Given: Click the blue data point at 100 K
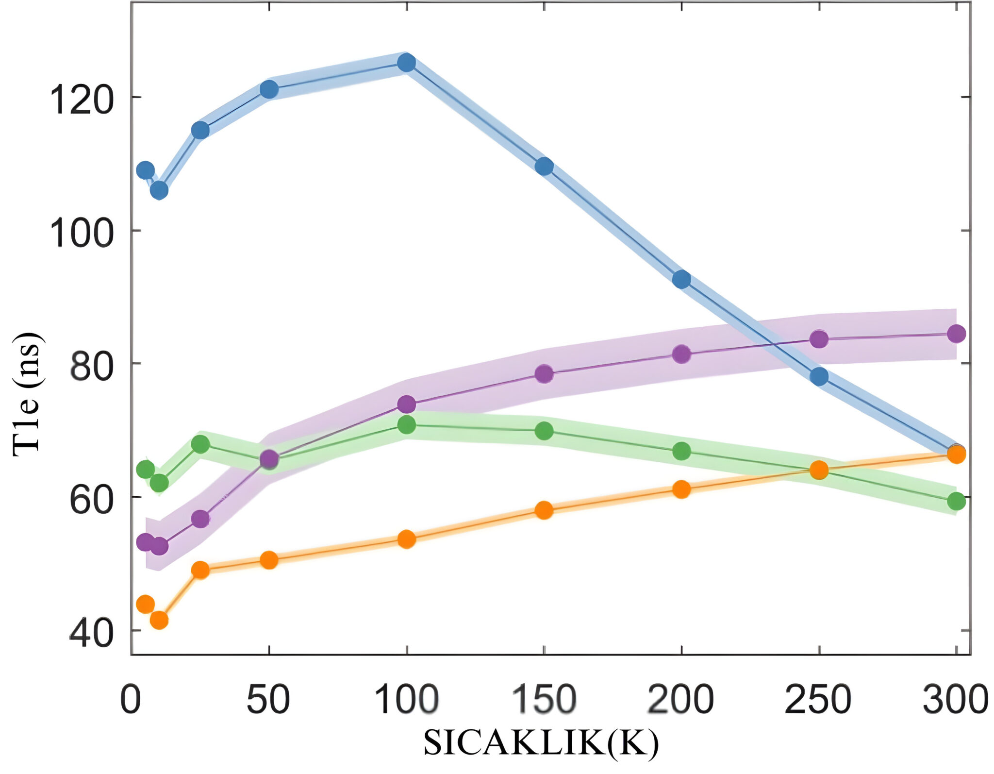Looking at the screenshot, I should tap(406, 63).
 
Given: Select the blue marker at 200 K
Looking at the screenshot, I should tap(681, 279).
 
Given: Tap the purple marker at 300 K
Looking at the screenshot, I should tap(956, 334).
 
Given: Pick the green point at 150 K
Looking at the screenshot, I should tap(544, 431).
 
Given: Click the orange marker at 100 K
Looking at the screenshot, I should tap(406, 539).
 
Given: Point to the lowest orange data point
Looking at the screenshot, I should tap(159, 620).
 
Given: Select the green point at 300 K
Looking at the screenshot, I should tap(956, 501).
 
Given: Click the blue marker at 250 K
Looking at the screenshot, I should tap(819, 376).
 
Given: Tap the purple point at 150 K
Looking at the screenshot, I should tap(544, 373).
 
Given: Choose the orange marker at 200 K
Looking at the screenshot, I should tap(681, 489).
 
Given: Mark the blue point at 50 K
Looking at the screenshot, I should tap(269, 89).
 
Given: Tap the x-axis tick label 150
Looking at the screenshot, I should tap(544, 700).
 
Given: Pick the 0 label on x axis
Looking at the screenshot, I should tap(130, 700).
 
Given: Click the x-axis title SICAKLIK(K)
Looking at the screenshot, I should tap(541, 743).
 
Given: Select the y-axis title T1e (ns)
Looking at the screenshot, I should tap(27, 394).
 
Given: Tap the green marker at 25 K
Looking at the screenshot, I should tap(200, 444).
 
